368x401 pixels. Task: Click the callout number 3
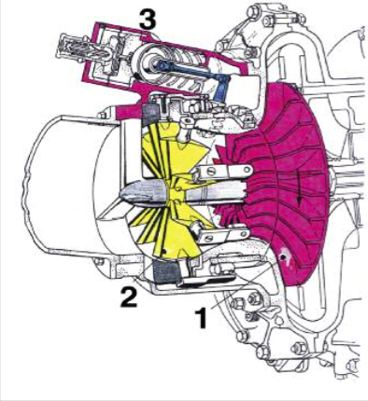[148, 19]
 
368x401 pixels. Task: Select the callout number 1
[202, 318]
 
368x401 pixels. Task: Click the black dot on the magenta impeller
[283, 257]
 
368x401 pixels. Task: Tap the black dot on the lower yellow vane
[164, 250]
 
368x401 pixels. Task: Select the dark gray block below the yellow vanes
[165, 271]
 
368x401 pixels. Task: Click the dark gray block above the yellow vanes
[150, 113]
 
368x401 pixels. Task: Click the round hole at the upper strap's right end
[248, 170]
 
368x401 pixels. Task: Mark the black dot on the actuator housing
[135, 76]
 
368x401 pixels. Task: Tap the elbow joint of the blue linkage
[222, 80]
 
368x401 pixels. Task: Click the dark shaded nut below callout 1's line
[253, 300]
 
